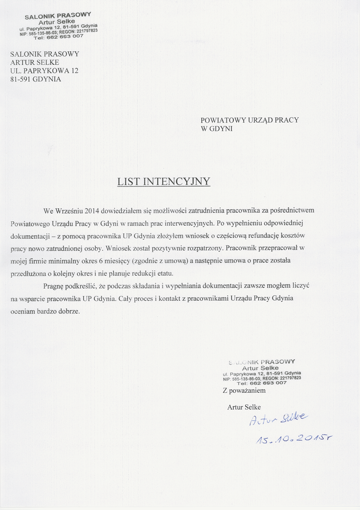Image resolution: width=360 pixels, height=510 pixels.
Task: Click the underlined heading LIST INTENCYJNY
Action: click(x=164, y=182)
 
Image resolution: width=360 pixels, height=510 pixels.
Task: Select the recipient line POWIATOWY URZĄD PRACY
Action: click(x=250, y=120)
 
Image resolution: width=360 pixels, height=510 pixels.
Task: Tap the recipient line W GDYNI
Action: click(x=217, y=129)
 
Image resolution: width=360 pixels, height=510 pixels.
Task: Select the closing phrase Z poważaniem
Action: click(x=244, y=390)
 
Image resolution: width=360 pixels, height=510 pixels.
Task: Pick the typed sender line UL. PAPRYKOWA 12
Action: click(x=44, y=71)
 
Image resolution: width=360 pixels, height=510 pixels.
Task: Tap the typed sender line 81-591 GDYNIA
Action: click(x=36, y=79)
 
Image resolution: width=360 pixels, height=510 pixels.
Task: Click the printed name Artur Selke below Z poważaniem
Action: click(x=244, y=407)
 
